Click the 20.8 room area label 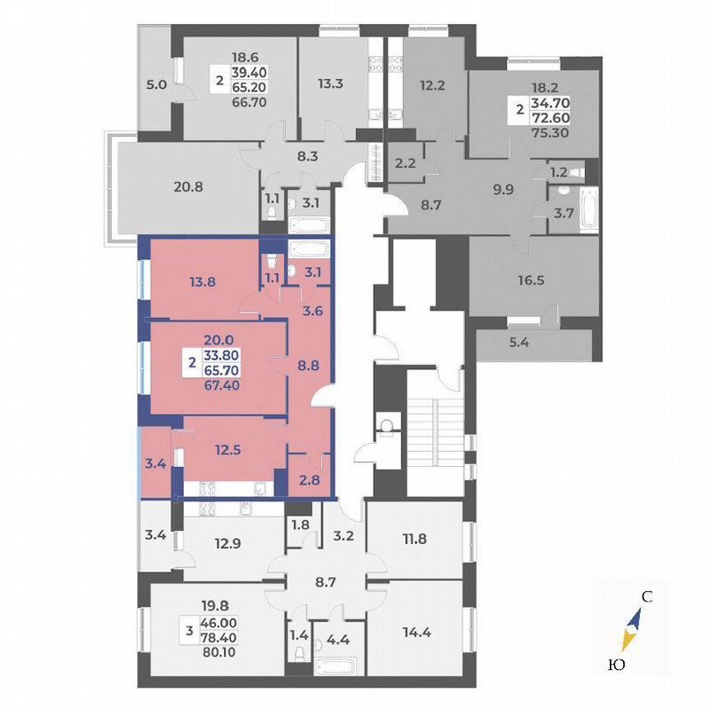188,187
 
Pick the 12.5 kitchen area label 229,450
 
